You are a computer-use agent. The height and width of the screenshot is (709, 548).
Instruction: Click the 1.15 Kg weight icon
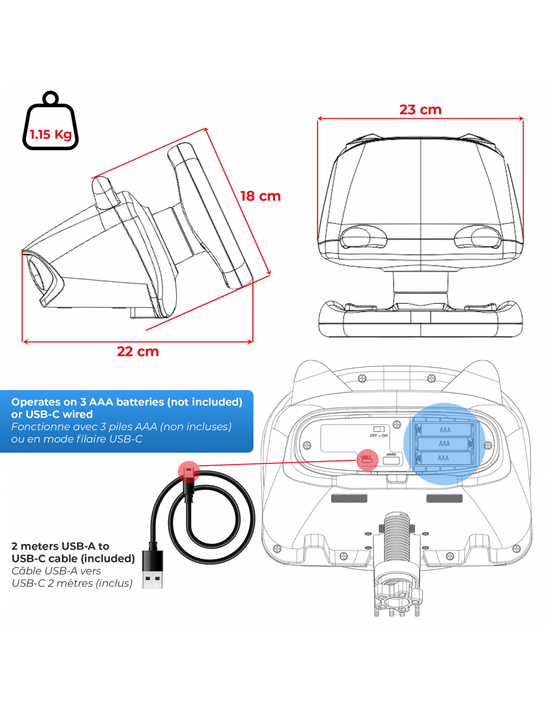50,125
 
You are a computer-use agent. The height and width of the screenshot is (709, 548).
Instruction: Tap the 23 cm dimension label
420,110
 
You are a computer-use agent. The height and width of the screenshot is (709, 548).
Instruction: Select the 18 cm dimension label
260,196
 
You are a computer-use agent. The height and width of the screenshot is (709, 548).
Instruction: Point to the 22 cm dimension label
137,352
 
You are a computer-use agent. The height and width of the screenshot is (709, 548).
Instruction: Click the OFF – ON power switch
379,429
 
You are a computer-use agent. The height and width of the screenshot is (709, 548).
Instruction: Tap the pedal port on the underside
392,460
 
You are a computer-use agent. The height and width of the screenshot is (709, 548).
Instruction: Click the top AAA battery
444,429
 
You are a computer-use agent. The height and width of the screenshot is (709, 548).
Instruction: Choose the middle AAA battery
444,443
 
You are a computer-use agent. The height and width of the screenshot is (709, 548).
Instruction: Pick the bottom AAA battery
443,458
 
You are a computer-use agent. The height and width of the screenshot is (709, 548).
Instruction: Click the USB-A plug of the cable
152,569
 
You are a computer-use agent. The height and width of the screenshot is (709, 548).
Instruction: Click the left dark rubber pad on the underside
349,498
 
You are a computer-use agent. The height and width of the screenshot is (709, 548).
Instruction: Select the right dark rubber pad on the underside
444,498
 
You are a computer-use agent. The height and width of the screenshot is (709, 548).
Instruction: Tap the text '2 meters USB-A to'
60,546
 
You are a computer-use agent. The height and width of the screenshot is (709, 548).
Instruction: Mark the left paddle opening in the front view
363,238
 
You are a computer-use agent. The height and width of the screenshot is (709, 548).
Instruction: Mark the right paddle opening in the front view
478,238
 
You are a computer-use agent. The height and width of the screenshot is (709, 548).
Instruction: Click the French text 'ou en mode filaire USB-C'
77,439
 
